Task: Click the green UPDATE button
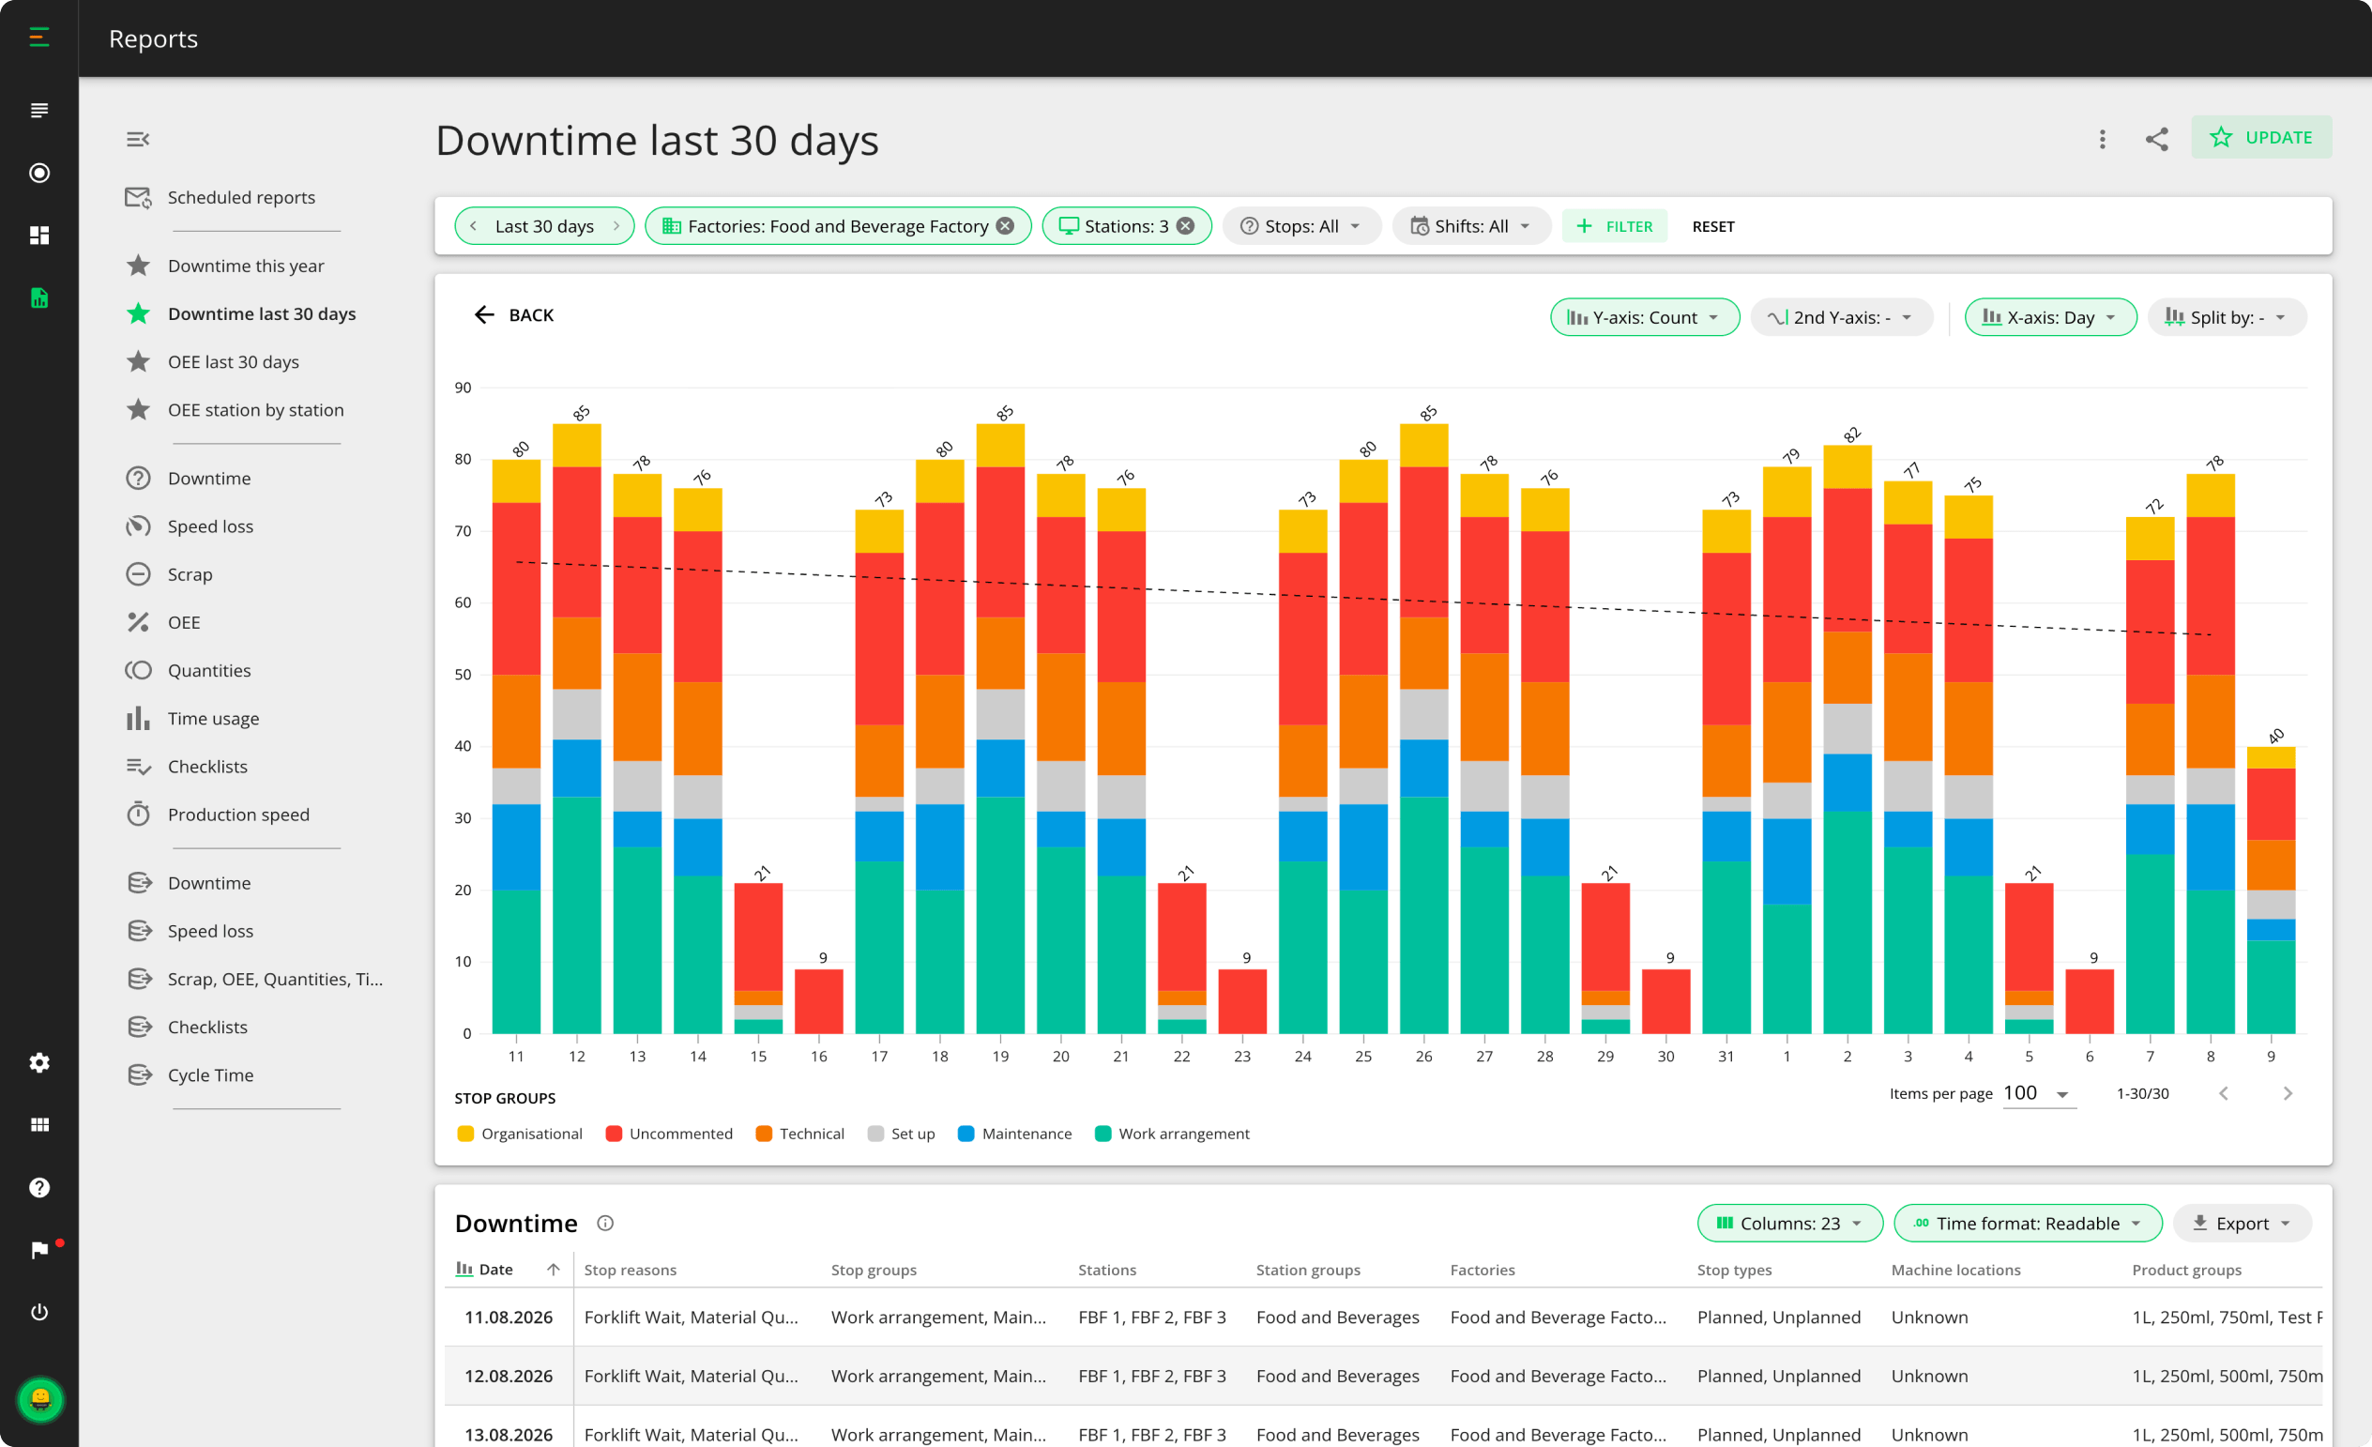2260,138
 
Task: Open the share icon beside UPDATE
2156,139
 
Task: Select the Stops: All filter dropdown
1300,226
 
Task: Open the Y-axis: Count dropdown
1644,318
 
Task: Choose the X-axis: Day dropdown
2049,318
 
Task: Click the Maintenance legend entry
1014,1134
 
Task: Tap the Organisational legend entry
520,1134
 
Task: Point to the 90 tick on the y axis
463,388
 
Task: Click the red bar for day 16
818,1001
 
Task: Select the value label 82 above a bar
1851,434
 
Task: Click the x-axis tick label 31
1726,1056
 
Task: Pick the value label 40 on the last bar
2274,737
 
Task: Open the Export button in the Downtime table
2241,1223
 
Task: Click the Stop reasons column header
631,1270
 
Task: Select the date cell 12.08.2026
509,1376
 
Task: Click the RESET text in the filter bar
1712,226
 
